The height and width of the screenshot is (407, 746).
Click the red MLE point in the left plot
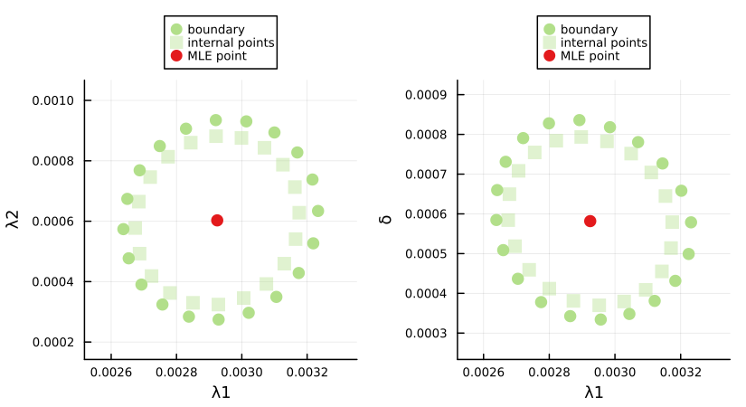(x=217, y=221)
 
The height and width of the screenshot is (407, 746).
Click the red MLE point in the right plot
(x=590, y=221)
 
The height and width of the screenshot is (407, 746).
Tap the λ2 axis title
(x=14, y=220)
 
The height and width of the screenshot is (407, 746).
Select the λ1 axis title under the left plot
(x=221, y=392)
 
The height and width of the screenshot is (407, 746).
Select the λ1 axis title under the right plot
(x=594, y=392)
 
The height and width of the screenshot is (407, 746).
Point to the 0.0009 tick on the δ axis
(x=430, y=94)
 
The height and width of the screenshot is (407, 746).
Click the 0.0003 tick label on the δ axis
(x=430, y=333)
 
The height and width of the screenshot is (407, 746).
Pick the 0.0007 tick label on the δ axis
(x=430, y=174)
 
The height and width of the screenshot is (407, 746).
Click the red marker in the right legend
(x=549, y=56)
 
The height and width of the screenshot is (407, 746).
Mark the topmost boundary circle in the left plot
(x=216, y=120)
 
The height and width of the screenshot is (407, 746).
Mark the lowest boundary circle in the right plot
(x=600, y=319)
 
